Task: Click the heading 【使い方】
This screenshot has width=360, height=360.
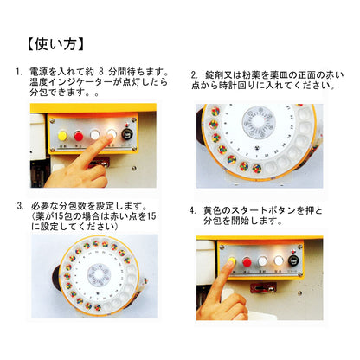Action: click(55, 44)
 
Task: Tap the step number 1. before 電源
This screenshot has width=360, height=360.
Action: click(19, 72)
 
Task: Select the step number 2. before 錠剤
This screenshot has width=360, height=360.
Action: click(195, 75)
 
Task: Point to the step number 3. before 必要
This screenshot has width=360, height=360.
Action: click(21, 206)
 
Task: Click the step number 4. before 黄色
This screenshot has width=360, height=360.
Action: click(193, 210)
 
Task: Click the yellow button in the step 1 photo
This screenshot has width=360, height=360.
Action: click(62, 135)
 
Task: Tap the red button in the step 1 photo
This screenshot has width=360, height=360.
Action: click(78, 135)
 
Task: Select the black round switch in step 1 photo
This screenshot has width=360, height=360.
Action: click(126, 134)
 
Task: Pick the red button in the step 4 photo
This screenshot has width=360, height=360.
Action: click(247, 261)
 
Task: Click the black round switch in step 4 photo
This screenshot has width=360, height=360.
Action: click(293, 260)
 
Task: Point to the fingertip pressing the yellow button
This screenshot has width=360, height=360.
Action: click(230, 263)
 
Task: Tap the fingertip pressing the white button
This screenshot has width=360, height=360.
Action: click(108, 138)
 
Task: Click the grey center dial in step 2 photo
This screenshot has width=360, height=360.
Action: click(258, 121)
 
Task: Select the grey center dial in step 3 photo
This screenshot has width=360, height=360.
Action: click(99, 274)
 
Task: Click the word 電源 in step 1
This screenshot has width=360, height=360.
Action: click(39, 72)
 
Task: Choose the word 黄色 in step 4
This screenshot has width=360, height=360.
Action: click(213, 210)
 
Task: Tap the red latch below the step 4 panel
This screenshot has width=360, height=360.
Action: click(263, 287)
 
